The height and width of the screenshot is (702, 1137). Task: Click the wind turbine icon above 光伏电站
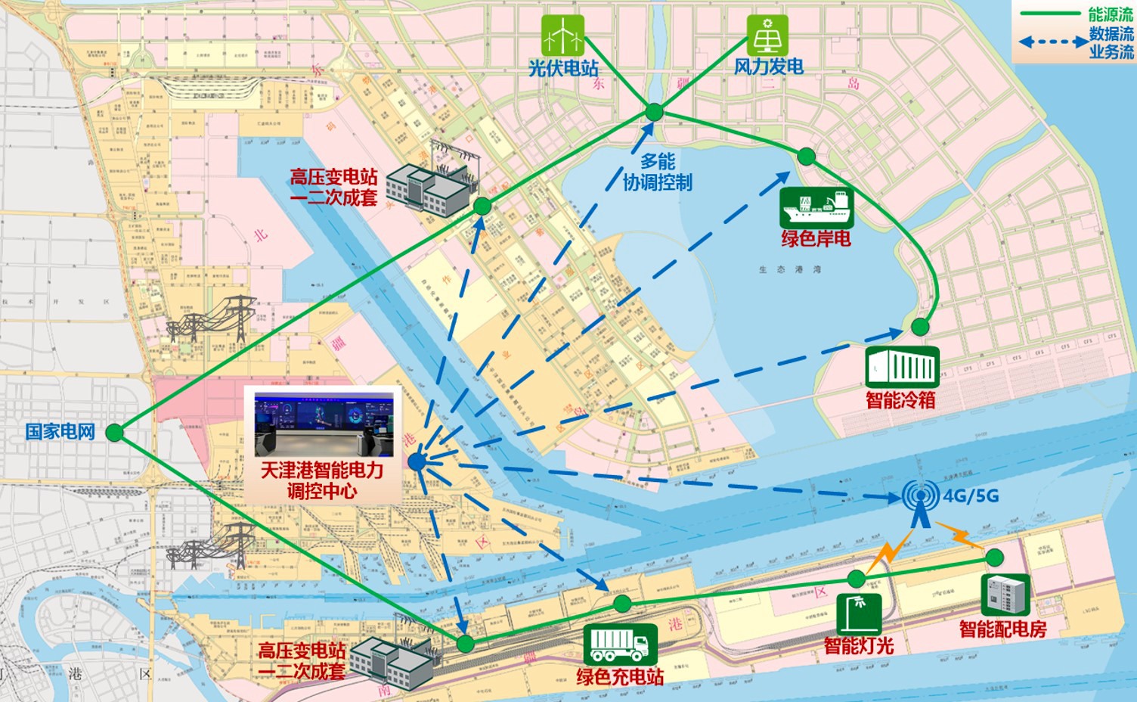(x=563, y=35)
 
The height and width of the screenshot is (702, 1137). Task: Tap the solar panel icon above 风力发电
(x=767, y=35)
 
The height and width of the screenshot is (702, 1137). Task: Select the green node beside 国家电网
(x=114, y=433)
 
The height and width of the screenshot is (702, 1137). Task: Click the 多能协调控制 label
(x=657, y=172)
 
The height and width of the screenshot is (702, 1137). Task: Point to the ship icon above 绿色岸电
(x=816, y=207)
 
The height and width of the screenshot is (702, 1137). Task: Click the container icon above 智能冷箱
(x=902, y=367)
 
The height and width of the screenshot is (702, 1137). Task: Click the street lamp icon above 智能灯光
(x=858, y=613)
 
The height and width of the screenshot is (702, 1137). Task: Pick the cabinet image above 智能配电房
(x=1005, y=595)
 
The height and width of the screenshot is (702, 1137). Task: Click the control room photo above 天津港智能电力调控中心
(x=324, y=424)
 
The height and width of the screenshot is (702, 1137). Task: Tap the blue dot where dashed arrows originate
(x=417, y=461)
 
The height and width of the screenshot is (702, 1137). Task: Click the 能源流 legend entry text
(x=1110, y=14)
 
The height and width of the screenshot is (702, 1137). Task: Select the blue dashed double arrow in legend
(x=1053, y=42)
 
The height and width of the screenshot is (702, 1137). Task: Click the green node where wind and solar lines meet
(x=654, y=113)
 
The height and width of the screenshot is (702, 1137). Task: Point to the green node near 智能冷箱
(x=919, y=327)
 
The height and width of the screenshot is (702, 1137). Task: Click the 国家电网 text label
(x=60, y=432)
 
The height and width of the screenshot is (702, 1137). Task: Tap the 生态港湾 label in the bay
(x=789, y=269)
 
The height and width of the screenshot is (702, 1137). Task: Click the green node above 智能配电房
(x=994, y=558)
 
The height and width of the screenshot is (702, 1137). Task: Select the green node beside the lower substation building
(x=466, y=644)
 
